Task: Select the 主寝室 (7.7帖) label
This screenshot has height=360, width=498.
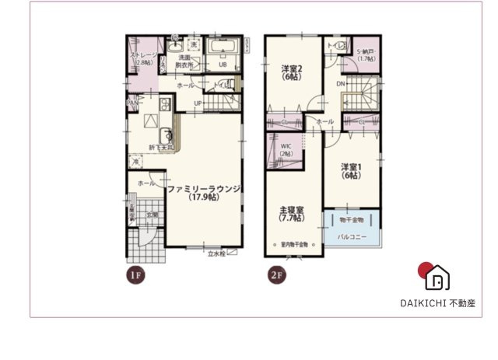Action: click(x=291, y=213)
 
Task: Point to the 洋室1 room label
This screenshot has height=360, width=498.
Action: click(x=350, y=171)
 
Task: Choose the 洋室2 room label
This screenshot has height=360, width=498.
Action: click(x=291, y=74)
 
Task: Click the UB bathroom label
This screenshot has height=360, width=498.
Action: click(x=222, y=64)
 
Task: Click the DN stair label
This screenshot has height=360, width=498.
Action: click(x=341, y=83)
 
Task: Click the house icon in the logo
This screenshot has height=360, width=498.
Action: click(x=438, y=277)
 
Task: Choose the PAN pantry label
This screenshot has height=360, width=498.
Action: click(x=133, y=101)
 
